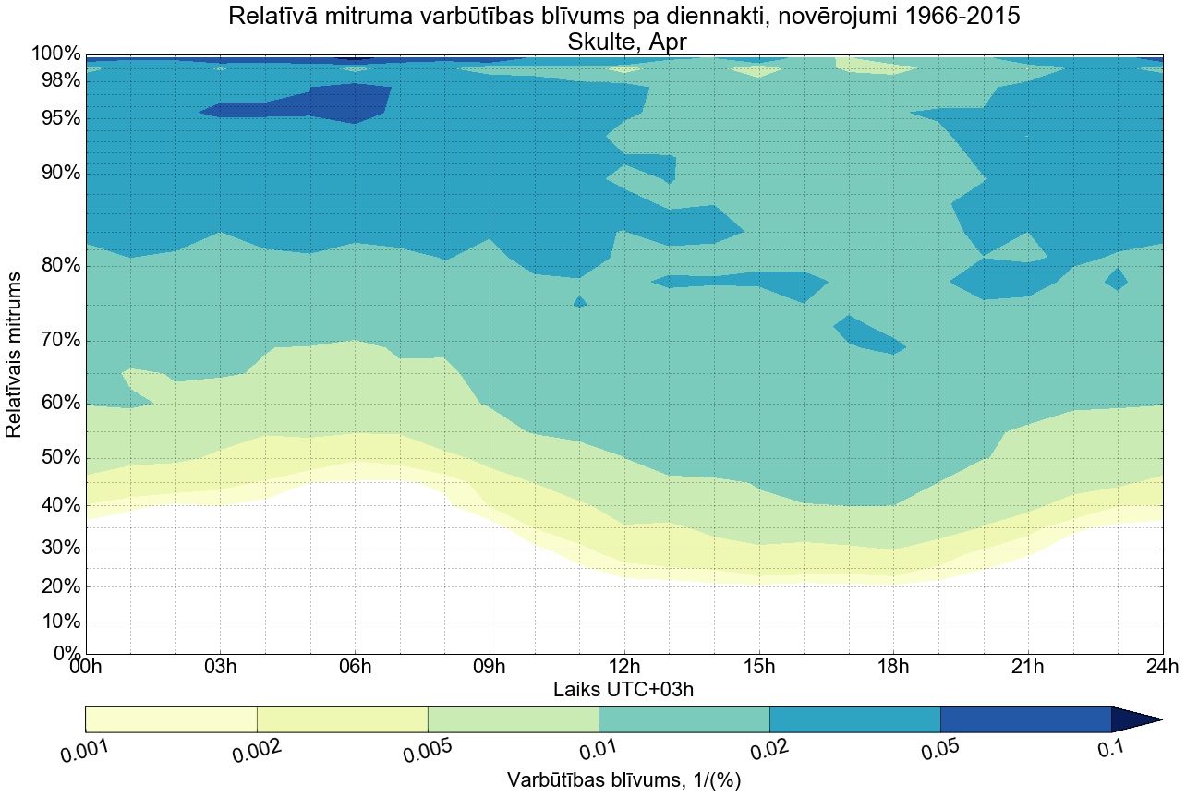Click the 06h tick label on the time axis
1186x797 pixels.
(355, 668)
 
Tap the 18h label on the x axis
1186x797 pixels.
(893, 668)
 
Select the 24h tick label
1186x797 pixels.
(1161, 668)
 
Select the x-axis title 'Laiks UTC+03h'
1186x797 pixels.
(624, 689)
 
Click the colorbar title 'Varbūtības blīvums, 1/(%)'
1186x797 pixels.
(624, 780)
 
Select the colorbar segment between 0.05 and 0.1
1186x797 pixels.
(1025, 719)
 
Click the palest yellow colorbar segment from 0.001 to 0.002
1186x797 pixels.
(171, 719)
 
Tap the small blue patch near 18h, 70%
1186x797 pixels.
(868, 335)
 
